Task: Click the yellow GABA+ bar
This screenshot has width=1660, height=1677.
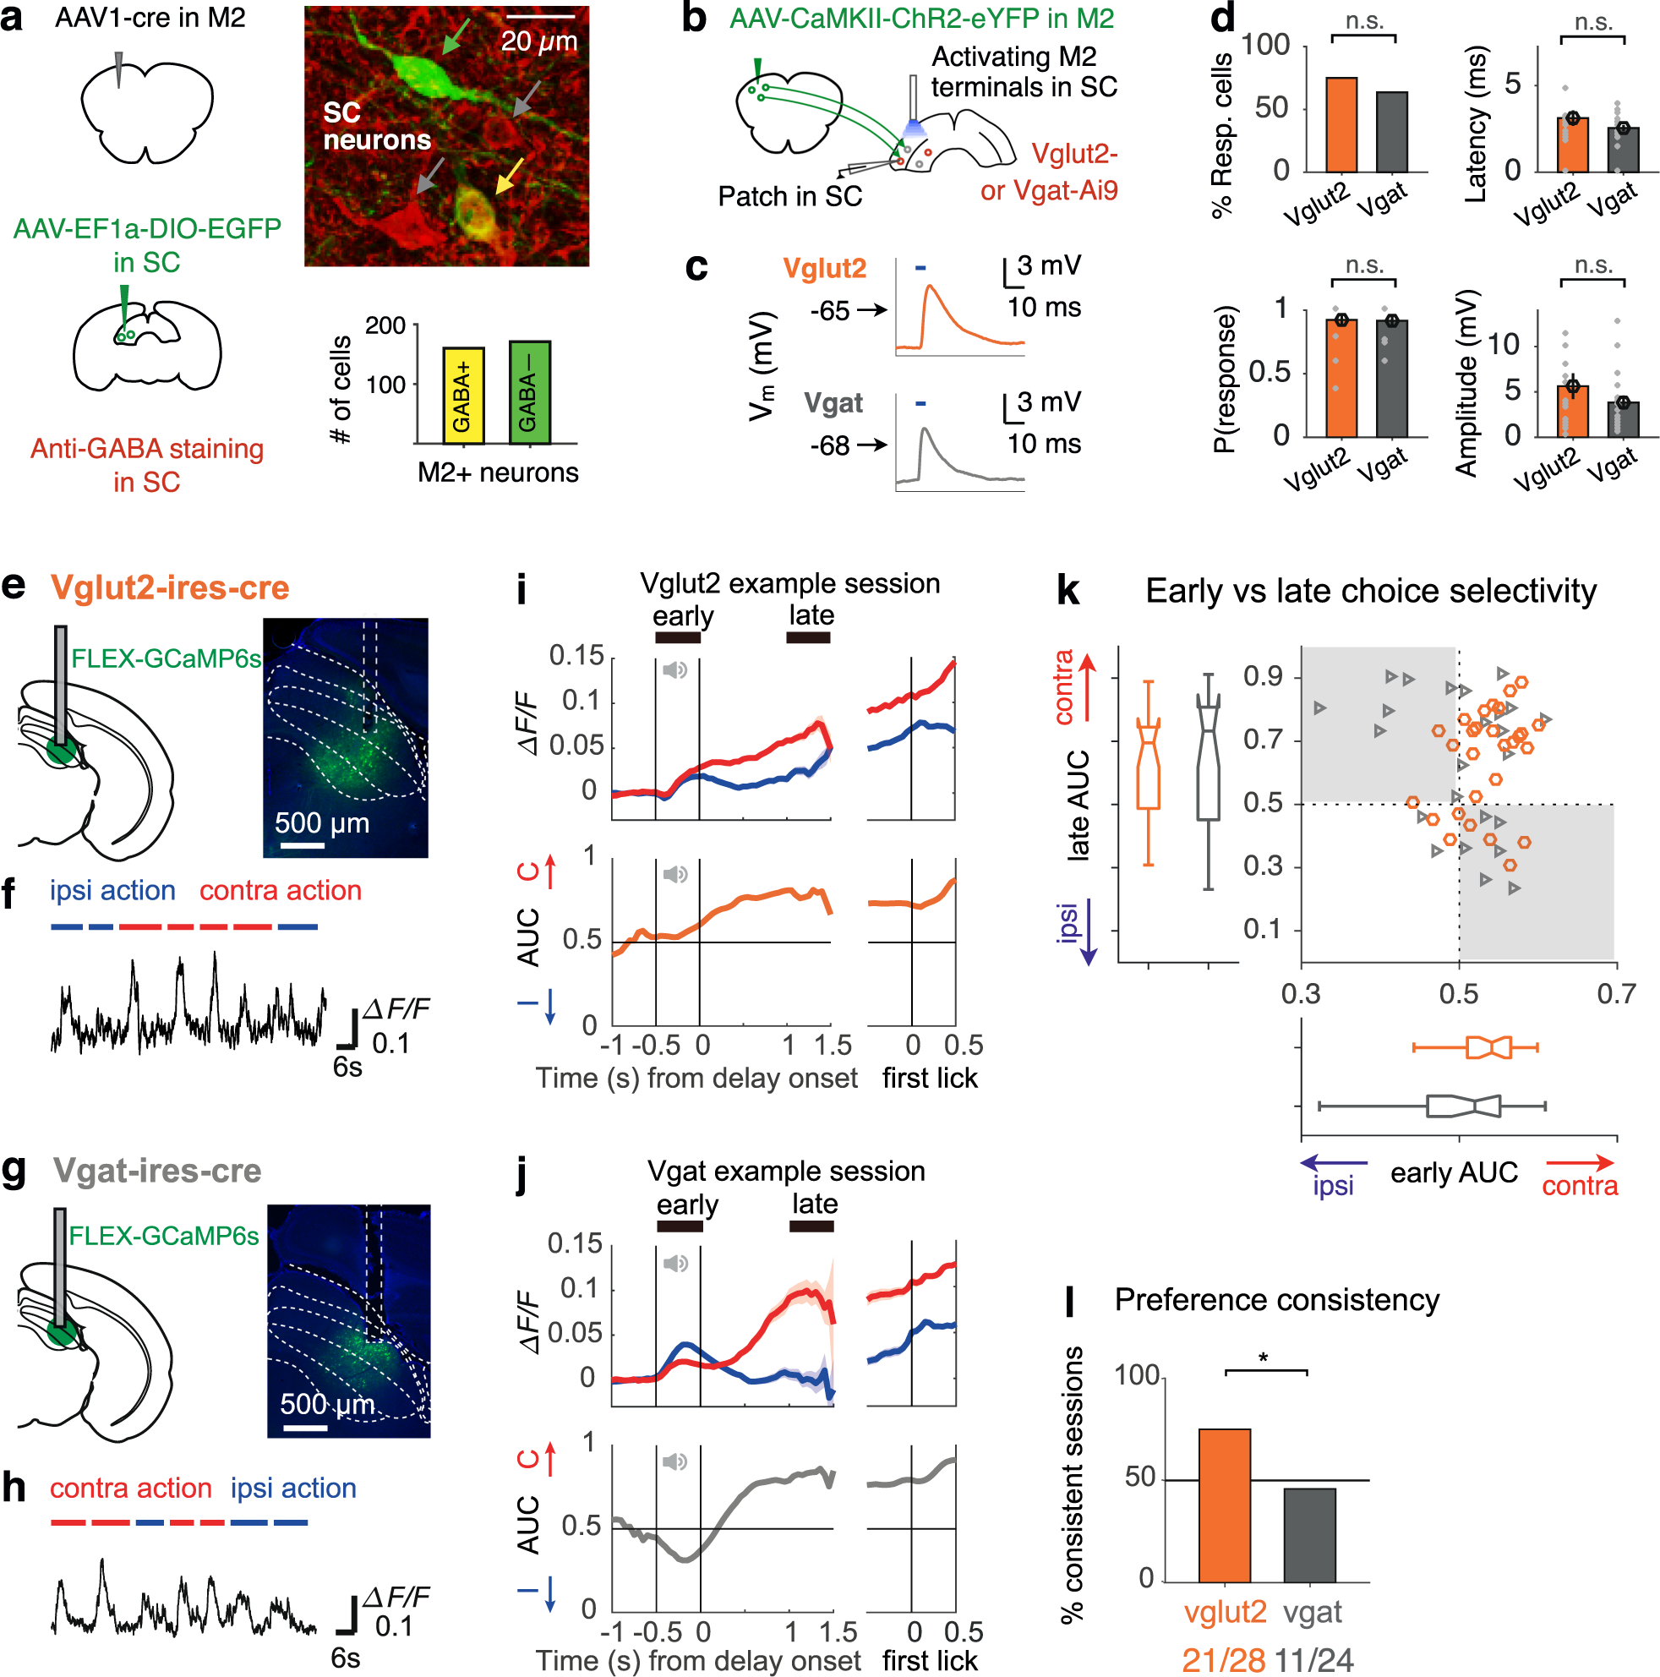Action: click(462, 396)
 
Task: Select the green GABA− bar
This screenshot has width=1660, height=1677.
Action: click(528, 392)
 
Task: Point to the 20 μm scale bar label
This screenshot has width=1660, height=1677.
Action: click(538, 41)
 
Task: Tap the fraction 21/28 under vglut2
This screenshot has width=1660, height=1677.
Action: click(1223, 1658)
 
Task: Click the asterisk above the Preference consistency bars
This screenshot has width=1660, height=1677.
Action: click(1263, 1358)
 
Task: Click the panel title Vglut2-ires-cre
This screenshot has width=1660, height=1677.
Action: click(169, 587)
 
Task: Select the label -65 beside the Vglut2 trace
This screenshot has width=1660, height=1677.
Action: click(828, 311)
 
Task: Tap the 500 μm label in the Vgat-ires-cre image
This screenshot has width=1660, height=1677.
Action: click(327, 1404)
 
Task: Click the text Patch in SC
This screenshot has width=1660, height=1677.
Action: click(789, 197)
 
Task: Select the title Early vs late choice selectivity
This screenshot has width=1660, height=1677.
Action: click(1370, 591)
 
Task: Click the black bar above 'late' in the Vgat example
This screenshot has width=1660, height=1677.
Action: click(811, 1226)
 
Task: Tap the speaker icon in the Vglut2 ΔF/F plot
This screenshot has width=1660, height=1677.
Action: click(674, 669)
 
